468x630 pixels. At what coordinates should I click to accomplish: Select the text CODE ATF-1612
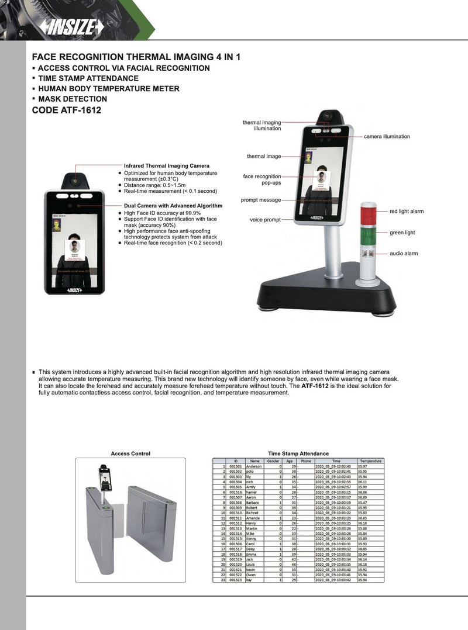pyautogui.click(x=63, y=110)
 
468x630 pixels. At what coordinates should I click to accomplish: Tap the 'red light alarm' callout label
pyautogui.click(x=407, y=211)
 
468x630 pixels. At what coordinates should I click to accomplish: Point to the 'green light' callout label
pyautogui.click(x=402, y=233)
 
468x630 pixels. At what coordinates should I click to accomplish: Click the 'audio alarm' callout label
pyautogui.click(x=404, y=254)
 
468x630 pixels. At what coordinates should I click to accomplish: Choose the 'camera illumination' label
pyautogui.click(x=387, y=136)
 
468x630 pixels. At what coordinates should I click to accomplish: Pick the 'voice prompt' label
pyautogui.click(x=265, y=220)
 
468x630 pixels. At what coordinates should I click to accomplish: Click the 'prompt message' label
pyautogui.click(x=261, y=200)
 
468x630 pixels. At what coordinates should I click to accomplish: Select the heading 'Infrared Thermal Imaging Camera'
pyautogui.click(x=166, y=166)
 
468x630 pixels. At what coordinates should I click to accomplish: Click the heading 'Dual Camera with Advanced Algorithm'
pyautogui.click(x=173, y=206)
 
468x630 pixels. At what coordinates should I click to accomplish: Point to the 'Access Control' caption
pyautogui.click(x=130, y=454)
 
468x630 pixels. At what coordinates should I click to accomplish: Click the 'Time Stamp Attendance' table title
pyautogui.click(x=298, y=454)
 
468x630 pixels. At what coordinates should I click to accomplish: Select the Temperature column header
pyautogui.click(x=370, y=461)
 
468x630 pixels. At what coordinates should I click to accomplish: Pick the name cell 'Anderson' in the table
pyautogui.click(x=254, y=466)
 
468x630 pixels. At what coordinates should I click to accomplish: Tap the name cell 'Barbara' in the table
pyautogui.click(x=253, y=502)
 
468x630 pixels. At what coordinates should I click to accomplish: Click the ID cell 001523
pyautogui.click(x=235, y=580)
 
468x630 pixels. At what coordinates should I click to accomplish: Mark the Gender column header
pyautogui.click(x=273, y=461)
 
